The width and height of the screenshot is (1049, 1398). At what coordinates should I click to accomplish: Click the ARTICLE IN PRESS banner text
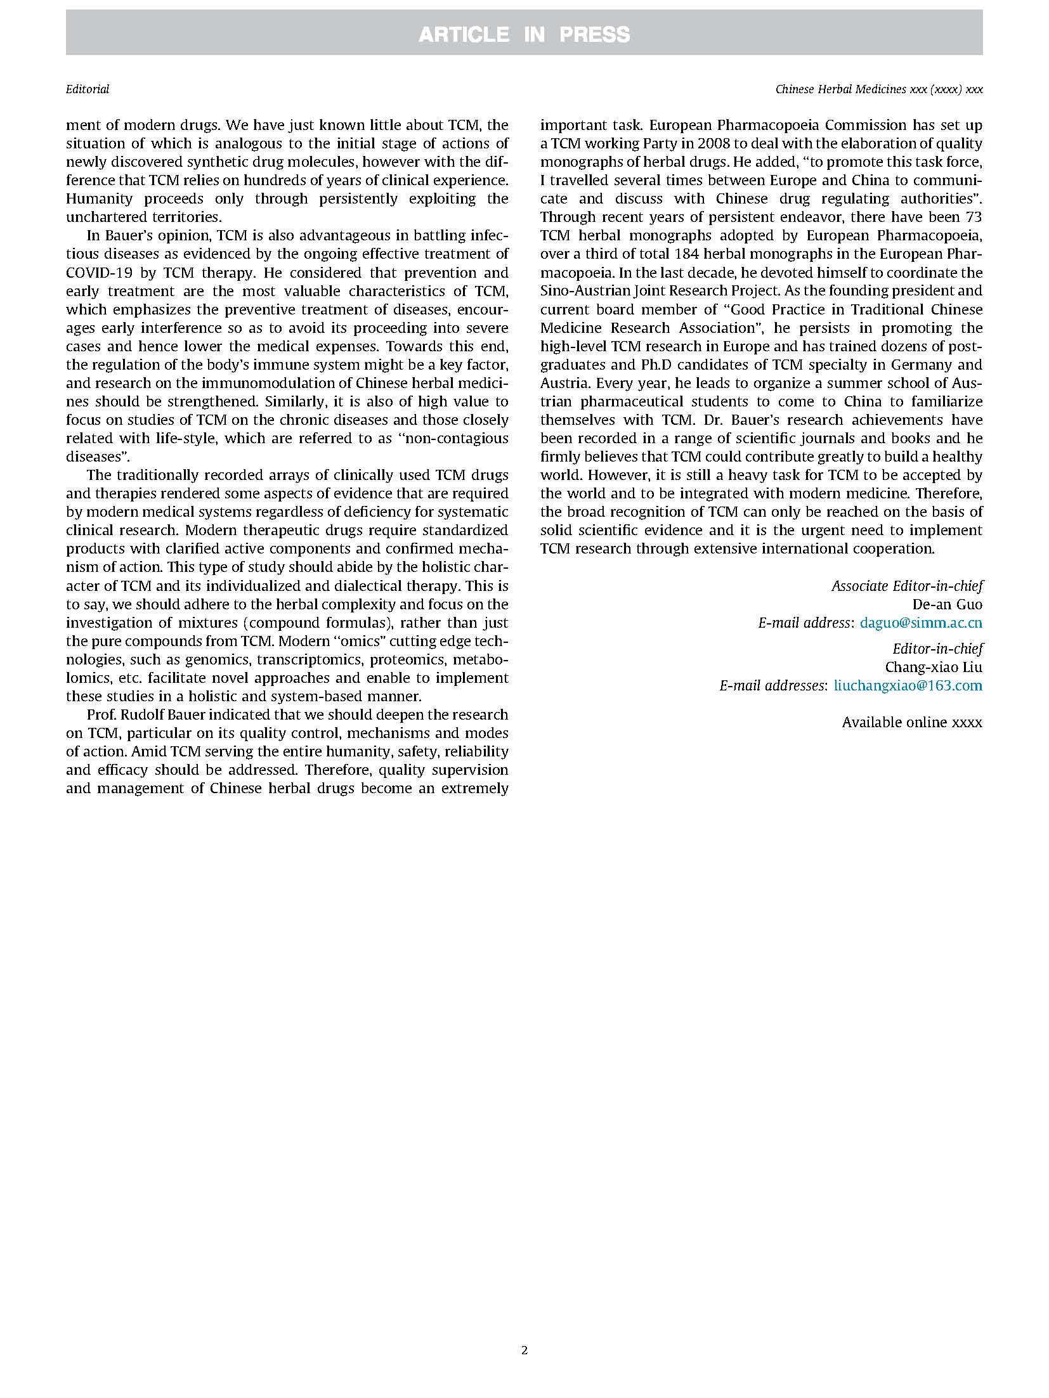pos(524,34)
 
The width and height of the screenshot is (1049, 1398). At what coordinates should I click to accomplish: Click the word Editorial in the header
pos(88,89)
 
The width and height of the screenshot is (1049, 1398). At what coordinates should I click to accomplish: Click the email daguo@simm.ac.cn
pos(921,623)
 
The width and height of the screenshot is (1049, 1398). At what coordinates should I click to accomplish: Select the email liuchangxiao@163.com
pos(908,685)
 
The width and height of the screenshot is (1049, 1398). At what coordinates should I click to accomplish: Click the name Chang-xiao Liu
pos(934,667)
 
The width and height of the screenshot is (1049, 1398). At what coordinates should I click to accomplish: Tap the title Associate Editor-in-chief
pos(908,586)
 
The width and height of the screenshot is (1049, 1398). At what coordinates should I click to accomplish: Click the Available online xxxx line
pos(912,722)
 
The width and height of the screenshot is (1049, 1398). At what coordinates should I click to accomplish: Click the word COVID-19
pos(96,273)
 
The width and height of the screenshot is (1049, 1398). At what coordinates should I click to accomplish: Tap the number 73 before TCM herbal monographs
pos(973,217)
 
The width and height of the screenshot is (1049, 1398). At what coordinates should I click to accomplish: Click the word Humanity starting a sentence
pos(100,198)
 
